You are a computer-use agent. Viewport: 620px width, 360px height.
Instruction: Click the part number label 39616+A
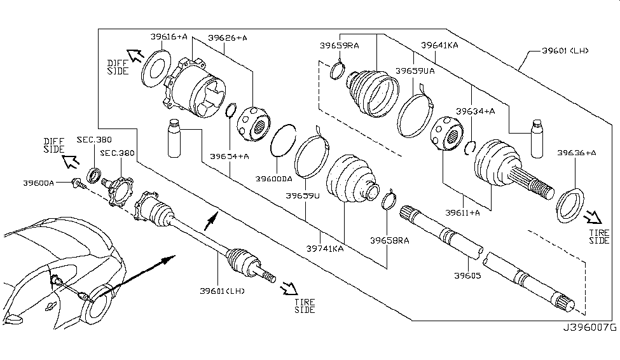click(x=169, y=38)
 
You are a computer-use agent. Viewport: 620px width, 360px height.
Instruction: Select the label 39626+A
click(x=226, y=38)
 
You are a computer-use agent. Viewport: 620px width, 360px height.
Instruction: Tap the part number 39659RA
click(x=340, y=46)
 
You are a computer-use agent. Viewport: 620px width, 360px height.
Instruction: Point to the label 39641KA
click(x=439, y=45)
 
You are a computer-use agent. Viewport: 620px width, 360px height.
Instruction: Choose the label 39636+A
click(x=576, y=153)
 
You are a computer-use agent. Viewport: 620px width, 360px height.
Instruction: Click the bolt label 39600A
click(x=39, y=182)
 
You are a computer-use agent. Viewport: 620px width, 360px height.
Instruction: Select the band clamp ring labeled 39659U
click(x=312, y=156)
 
